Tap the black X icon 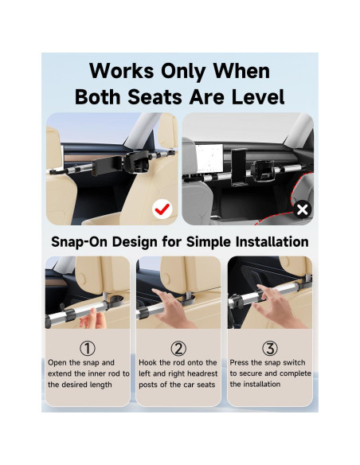302,210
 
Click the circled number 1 87,348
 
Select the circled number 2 178,348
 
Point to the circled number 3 271,348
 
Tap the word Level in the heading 251,97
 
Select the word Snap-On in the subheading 80,241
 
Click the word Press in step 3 243,362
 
